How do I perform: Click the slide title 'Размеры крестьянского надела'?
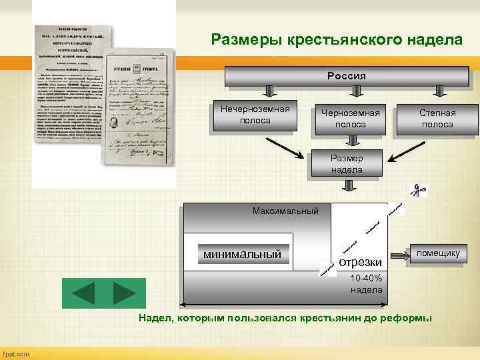click(336, 39)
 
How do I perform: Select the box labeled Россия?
click(346, 76)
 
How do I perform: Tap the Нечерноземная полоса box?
click(254, 115)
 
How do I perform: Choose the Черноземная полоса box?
click(350, 119)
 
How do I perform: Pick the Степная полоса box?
click(436, 119)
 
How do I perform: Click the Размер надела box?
click(347, 164)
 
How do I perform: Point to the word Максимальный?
click(285, 211)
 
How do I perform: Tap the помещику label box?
click(437, 253)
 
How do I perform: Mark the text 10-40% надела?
click(366, 284)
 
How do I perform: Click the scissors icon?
click(419, 191)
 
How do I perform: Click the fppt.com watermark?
click(17, 353)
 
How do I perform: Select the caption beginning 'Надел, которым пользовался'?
click(285, 318)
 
